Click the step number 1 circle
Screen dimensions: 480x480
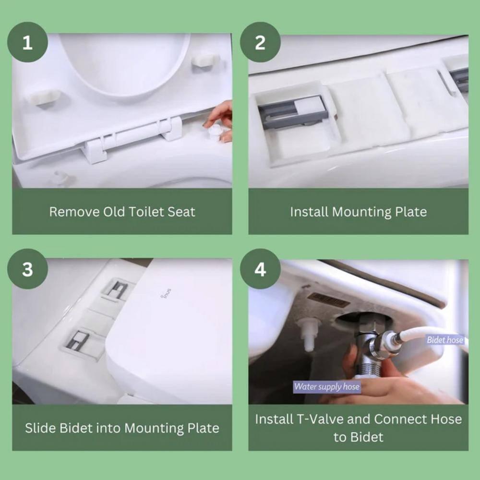click(27, 43)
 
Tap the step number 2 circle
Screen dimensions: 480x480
click(260, 43)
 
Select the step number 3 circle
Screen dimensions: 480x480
click(27, 269)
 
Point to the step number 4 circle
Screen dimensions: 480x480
click(260, 269)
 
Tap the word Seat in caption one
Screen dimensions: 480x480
click(182, 212)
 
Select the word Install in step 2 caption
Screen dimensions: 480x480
click(310, 212)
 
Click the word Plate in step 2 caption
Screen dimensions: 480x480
click(410, 212)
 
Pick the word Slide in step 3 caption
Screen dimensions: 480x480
click(40, 428)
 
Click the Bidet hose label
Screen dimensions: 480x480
click(445, 340)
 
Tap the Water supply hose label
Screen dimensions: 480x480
click(326, 386)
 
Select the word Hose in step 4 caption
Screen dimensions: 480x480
click(444, 419)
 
